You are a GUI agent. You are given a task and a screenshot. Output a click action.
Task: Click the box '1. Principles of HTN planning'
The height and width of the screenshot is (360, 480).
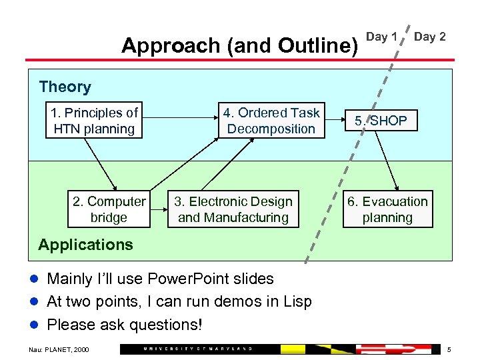[x=94, y=121]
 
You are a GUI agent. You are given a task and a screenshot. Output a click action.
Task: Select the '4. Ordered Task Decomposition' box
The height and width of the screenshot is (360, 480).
[x=271, y=121]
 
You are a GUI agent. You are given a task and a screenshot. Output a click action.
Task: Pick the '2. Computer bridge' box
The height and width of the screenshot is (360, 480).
[x=109, y=209]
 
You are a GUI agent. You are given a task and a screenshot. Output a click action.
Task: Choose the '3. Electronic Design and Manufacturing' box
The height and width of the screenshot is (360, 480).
[x=233, y=209]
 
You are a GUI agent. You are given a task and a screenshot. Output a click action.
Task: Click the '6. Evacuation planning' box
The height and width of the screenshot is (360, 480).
[x=387, y=209]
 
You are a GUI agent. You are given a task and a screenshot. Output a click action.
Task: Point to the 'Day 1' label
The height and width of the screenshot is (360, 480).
[x=382, y=37]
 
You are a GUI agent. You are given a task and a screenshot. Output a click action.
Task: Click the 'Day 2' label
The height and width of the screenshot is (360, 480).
[x=430, y=37]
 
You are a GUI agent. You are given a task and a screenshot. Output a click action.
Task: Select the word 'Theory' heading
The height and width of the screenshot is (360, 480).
[x=65, y=87]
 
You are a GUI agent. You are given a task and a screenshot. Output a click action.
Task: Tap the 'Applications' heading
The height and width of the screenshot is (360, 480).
[x=85, y=245]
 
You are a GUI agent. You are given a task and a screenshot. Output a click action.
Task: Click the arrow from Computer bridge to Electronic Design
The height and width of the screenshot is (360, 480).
[x=159, y=209]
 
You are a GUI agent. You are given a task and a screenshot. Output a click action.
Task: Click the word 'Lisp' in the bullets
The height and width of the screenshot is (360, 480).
[x=297, y=301]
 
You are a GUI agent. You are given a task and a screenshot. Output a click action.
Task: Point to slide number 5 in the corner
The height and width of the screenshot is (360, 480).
[x=449, y=349]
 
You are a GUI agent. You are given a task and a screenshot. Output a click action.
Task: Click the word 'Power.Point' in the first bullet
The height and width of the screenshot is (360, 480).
[x=187, y=278]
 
